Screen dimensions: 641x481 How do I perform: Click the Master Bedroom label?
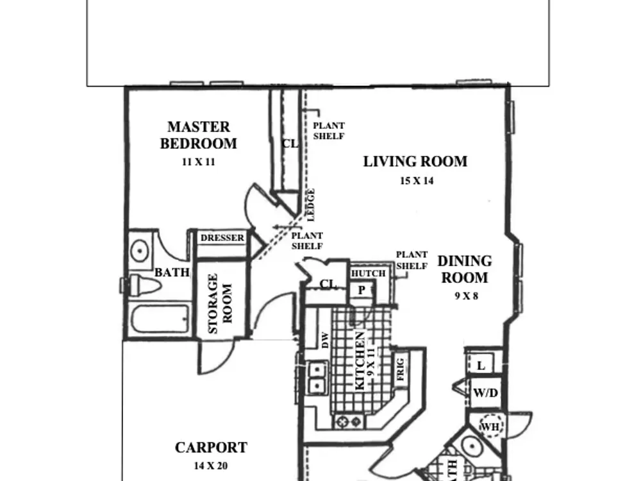click(199, 135)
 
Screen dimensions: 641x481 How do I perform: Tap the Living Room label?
click(415, 162)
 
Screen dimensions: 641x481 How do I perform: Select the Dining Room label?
click(465, 269)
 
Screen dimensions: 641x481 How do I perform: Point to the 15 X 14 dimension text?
click(417, 180)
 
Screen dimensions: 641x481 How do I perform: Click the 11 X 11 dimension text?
click(198, 162)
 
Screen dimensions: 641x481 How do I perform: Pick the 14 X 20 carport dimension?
click(210, 466)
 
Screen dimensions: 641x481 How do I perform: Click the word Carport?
click(211, 448)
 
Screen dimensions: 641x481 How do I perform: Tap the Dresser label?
click(222, 238)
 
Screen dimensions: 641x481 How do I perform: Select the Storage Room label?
click(220, 303)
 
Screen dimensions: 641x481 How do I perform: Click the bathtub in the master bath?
click(160, 319)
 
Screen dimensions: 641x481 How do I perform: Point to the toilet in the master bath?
click(144, 285)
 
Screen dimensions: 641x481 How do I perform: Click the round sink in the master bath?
click(139, 250)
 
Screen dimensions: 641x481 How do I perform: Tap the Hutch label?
click(369, 273)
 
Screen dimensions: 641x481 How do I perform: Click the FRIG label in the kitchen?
click(400, 369)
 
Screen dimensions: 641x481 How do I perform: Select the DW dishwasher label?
click(325, 341)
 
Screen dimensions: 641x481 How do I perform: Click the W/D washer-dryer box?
click(485, 392)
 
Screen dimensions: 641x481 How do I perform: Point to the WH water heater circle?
click(490, 426)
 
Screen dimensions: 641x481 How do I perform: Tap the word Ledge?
click(311, 205)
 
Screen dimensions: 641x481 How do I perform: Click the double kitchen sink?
click(317, 378)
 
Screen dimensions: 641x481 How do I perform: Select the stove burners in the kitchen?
click(349, 421)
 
